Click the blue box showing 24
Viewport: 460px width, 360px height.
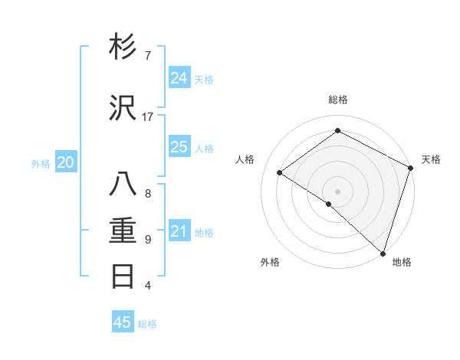179,78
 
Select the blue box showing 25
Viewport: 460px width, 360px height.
179,147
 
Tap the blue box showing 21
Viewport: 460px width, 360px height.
179,231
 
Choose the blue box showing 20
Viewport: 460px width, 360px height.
66,162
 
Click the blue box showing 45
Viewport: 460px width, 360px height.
123,322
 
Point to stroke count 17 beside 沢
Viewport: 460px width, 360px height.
147,117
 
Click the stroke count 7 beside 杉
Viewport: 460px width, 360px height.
147,56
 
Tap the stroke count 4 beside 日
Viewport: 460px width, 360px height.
147,286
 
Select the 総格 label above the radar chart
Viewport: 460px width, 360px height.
337,100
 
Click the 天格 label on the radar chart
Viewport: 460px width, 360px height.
431,159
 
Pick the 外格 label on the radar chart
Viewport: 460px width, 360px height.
270,262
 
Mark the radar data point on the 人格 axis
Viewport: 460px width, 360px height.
280,172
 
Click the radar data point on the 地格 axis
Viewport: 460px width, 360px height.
383,253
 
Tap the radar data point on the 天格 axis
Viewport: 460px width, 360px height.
410,168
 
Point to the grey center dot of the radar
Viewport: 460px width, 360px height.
337,191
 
